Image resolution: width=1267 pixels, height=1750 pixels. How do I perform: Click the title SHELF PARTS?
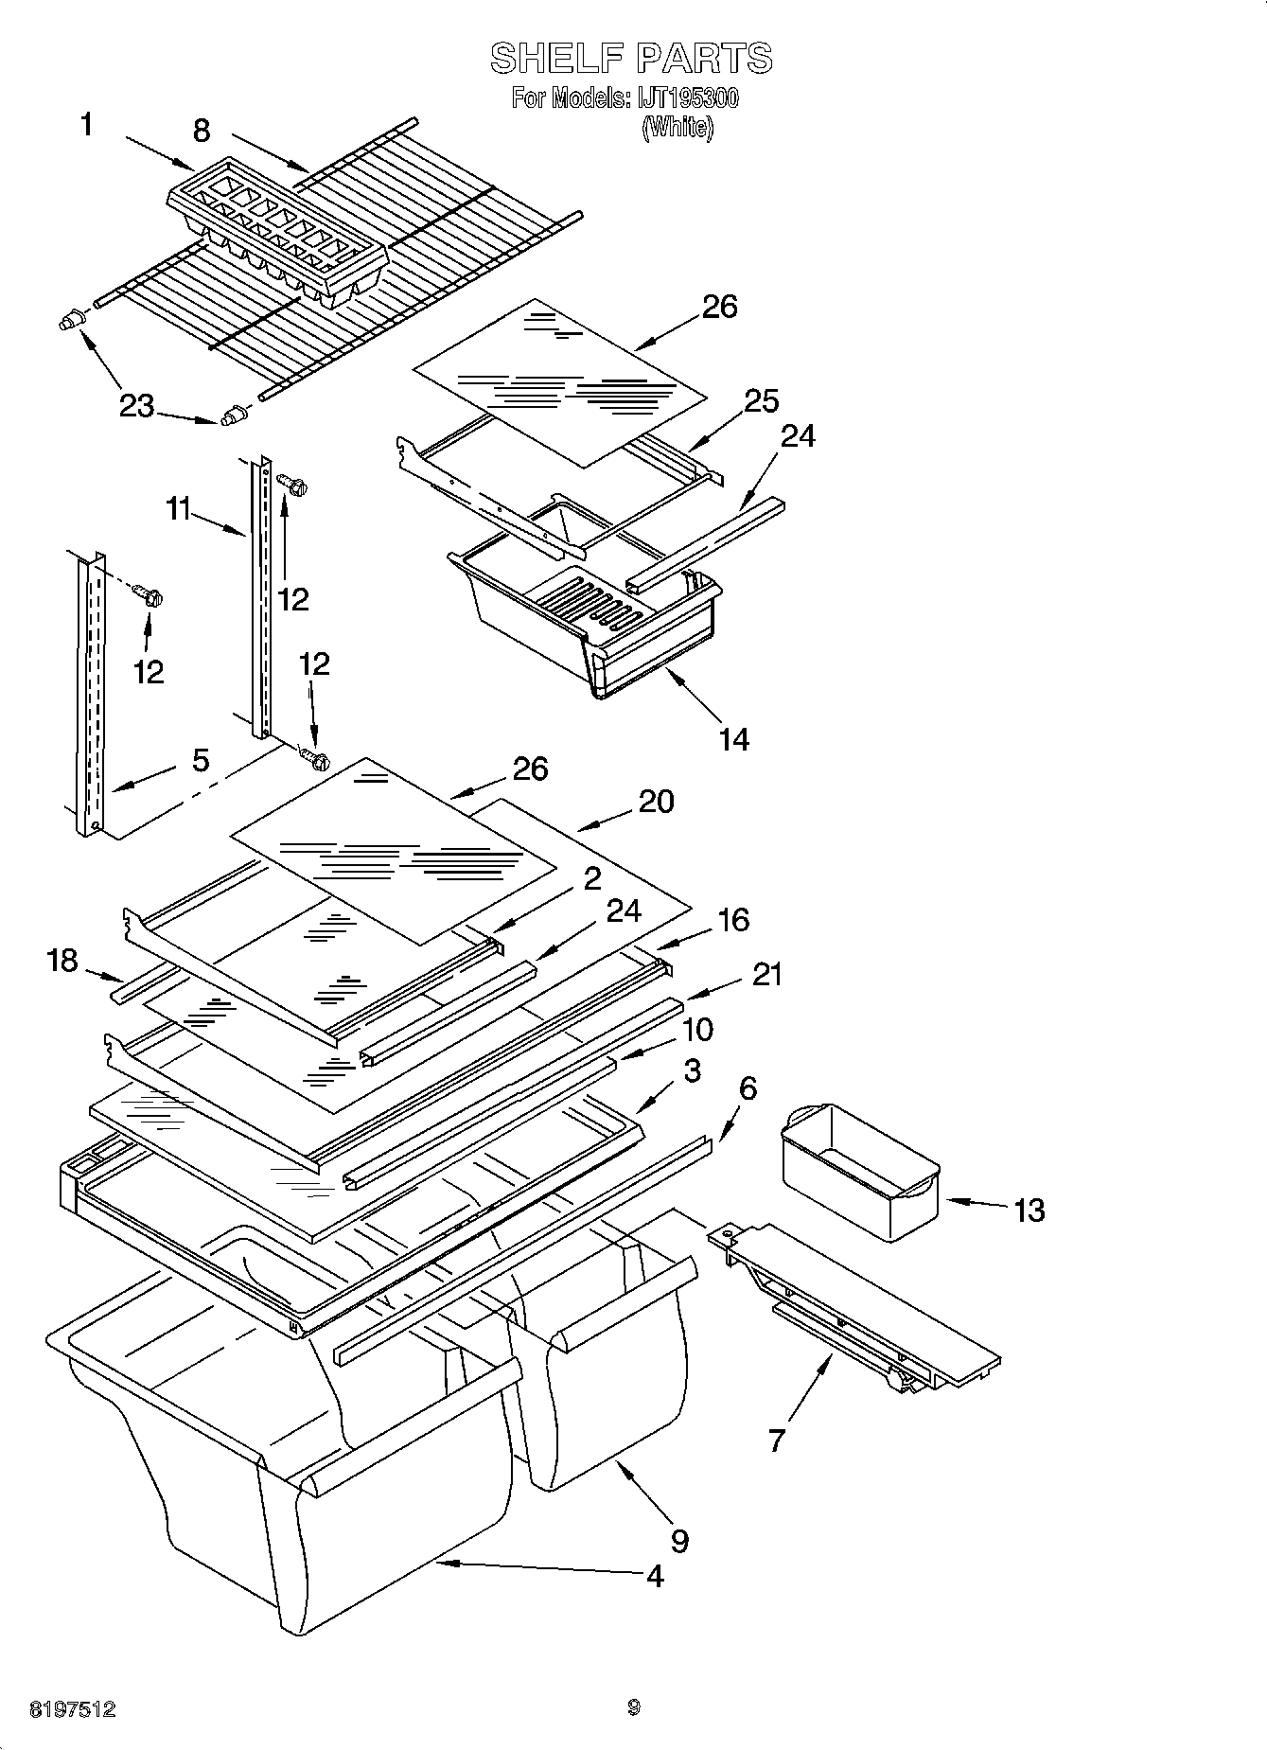pos(631,59)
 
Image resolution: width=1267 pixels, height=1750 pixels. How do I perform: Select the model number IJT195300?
pos(691,98)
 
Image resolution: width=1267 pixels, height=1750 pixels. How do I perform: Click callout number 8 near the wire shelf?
pos(202,131)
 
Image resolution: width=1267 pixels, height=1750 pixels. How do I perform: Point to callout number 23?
pos(136,406)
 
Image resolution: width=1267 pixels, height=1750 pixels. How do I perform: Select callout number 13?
pos(1029,1210)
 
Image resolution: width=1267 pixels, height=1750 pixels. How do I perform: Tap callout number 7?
pos(776,1441)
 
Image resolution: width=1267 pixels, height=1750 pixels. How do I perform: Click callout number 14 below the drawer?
pos(733,739)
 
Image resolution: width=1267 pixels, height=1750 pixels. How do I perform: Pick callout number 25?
pos(761,401)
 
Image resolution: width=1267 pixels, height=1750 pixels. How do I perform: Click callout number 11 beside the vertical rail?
pos(184,510)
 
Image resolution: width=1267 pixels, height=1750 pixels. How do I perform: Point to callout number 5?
pos(201,760)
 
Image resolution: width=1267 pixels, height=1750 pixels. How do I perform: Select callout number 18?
pos(62,962)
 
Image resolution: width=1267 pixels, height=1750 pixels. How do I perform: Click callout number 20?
pos(656,802)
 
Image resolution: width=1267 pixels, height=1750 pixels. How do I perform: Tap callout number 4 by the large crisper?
pos(654,1576)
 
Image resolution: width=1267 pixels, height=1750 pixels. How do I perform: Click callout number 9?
pos(679,1541)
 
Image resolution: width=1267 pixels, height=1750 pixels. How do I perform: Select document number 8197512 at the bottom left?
pos(73,1709)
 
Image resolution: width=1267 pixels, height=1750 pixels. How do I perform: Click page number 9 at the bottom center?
pos(633,1707)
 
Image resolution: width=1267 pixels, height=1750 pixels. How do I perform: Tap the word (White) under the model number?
pos(677,128)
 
